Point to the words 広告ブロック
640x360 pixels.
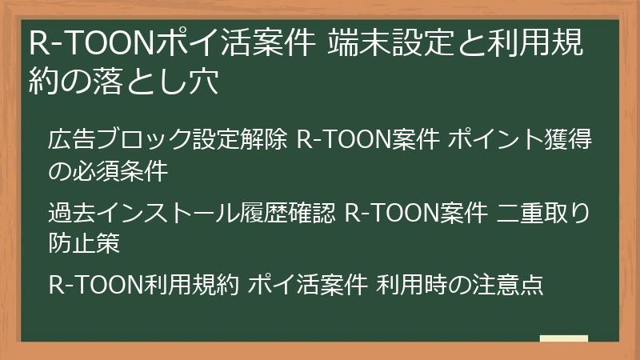120,140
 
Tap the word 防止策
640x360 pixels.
85,243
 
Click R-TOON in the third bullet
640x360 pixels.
97,285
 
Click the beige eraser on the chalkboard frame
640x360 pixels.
563,338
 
